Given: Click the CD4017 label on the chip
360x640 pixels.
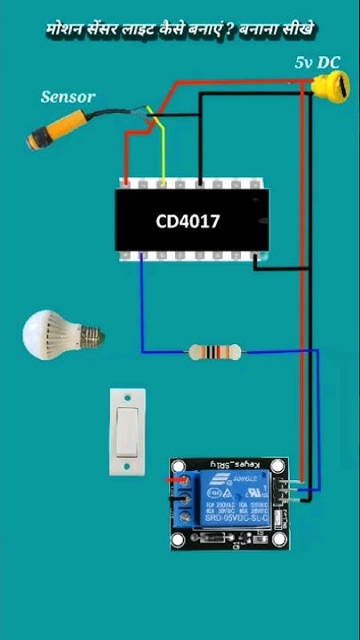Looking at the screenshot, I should (188, 220).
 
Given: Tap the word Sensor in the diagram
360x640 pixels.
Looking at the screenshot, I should (68, 96).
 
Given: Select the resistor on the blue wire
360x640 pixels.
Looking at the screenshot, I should (213, 353).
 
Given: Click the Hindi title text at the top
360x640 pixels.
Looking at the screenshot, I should (180, 30).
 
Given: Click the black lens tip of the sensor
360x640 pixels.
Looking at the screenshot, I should (33, 140).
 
